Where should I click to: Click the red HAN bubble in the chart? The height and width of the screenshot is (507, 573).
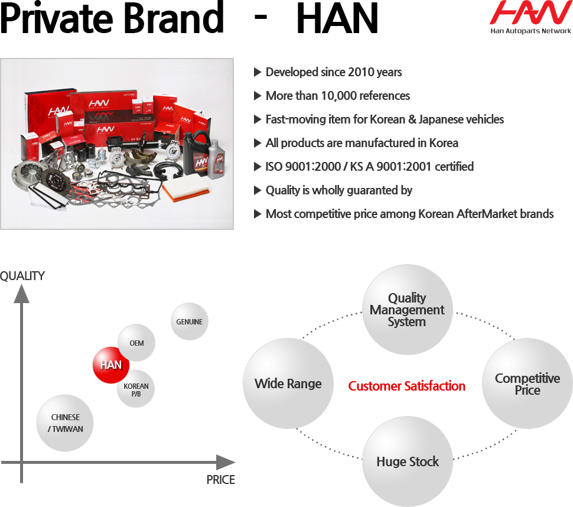(x=110, y=365)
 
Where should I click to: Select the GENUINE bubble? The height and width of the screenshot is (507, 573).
(x=189, y=321)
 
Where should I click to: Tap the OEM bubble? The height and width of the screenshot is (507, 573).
(x=136, y=343)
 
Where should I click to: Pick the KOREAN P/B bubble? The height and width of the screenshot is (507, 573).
(x=136, y=389)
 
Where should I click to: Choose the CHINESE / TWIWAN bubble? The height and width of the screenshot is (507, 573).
(x=65, y=423)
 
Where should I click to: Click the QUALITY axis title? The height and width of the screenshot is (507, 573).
(x=22, y=276)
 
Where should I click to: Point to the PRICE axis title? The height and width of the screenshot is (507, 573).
(x=220, y=480)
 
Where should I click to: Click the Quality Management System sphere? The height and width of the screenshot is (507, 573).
(x=408, y=310)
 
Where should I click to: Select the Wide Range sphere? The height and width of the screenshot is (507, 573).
(x=288, y=383)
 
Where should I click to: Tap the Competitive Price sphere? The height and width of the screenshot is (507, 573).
(x=528, y=383)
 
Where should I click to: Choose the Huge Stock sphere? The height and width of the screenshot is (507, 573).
(x=408, y=461)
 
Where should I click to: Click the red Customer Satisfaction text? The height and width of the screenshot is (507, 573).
(x=407, y=386)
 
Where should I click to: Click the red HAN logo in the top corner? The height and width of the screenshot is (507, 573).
(x=530, y=12)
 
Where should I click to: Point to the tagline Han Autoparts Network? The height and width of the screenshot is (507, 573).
(x=530, y=31)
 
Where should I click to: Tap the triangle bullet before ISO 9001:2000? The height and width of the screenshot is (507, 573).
(x=258, y=167)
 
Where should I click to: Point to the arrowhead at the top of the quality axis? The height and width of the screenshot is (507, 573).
(x=21, y=294)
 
